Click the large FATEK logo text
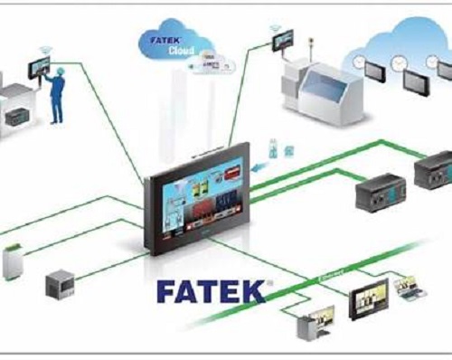coord(211,290)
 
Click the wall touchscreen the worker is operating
coord(39,66)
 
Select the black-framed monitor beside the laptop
coord(372,297)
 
